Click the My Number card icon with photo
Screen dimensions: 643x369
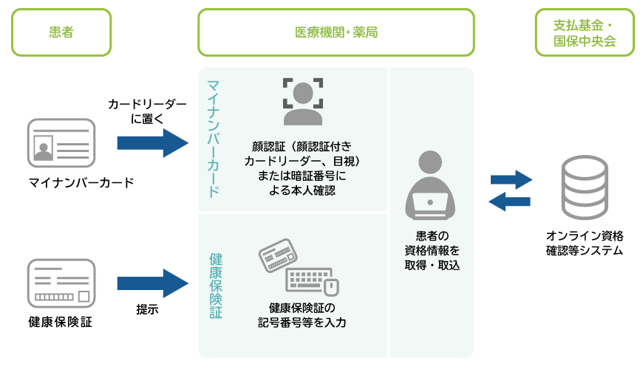click(x=61, y=142)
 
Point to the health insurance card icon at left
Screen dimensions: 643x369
click(x=61, y=283)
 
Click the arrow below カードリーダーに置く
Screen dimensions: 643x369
click(x=152, y=143)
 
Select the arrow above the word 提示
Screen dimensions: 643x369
click(x=152, y=283)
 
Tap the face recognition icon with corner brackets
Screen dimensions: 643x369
click(x=302, y=101)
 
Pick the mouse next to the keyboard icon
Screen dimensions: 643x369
click(x=331, y=287)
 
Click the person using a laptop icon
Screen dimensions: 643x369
click(x=429, y=184)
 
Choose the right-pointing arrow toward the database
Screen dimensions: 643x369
click(x=511, y=179)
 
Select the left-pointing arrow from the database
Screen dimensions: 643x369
click(x=509, y=201)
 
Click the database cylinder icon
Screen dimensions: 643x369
click(x=585, y=187)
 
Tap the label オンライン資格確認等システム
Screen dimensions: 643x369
click(x=585, y=243)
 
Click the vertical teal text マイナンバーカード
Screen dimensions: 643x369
click(x=214, y=139)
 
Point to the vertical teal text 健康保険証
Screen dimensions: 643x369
click(x=216, y=286)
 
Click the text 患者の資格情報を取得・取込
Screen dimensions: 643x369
click(x=432, y=250)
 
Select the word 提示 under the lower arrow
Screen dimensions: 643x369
click(x=147, y=309)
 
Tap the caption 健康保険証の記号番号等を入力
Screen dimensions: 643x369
click(x=302, y=315)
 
